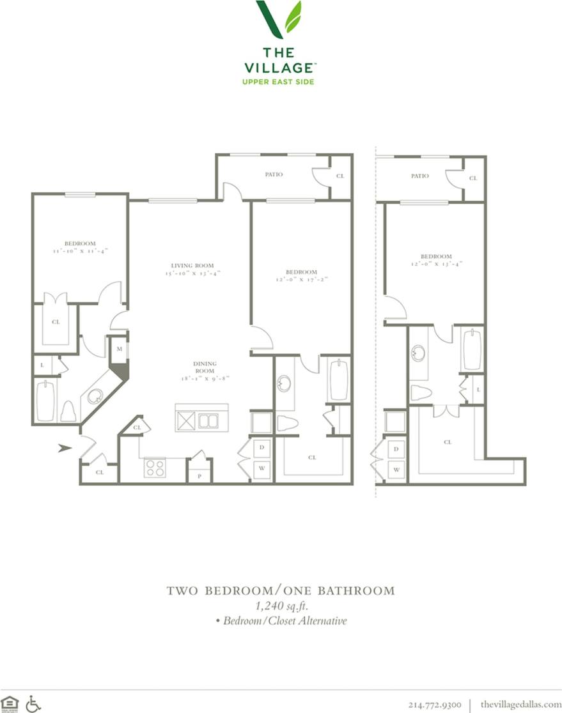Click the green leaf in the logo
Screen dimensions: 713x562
click(x=293, y=17)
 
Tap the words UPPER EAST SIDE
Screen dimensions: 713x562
click(x=278, y=81)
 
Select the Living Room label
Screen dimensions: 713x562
click(x=192, y=265)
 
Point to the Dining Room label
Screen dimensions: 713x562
click(x=205, y=367)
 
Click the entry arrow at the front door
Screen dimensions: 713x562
click(x=64, y=448)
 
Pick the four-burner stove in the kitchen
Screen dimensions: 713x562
click(x=155, y=468)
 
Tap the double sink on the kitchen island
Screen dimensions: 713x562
click(x=207, y=420)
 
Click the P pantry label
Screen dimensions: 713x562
click(x=199, y=476)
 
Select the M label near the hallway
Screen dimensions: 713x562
click(x=120, y=349)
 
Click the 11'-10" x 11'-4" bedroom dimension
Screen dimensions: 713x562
click(x=80, y=251)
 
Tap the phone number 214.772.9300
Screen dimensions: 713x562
click(x=434, y=704)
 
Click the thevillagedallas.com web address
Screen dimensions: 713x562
click(x=520, y=704)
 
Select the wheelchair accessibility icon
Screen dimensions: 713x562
click(x=33, y=703)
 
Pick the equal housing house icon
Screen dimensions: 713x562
click(x=10, y=703)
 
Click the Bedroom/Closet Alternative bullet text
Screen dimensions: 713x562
click(x=281, y=620)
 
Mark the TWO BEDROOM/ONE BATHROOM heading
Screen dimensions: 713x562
click(x=281, y=590)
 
